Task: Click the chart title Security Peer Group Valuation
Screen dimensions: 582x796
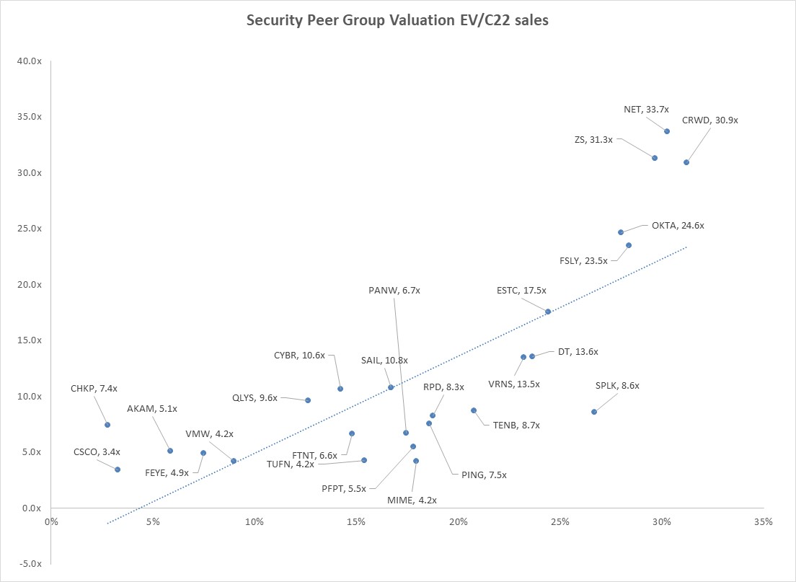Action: (x=397, y=20)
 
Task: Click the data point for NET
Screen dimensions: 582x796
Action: (x=667, y=131)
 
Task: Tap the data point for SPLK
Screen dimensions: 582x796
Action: (x=594, y=412)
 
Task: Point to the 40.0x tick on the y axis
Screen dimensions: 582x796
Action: (x=30, y=61)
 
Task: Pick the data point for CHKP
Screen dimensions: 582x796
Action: (x=107, y=425)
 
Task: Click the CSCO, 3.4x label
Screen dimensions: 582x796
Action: (x=97, y=452)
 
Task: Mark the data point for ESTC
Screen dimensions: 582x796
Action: (x=548, y=312)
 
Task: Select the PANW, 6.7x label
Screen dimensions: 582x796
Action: (x=394, y=290)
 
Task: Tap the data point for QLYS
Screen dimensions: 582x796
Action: (x=308, y=400)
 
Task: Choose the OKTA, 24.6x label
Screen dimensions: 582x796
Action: (x=678, y=225)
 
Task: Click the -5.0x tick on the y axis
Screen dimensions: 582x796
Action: (x=30, y=564)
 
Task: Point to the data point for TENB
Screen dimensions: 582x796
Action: (x=474, y=410)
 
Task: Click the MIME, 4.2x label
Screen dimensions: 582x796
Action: (x=412, y=499)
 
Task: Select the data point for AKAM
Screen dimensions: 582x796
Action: (x=170, y=451)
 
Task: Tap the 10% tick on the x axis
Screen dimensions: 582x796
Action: (x=255, y=521)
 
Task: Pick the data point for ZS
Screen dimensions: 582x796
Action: (x=655, y=158)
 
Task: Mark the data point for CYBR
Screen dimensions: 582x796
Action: (x=340, y=389)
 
